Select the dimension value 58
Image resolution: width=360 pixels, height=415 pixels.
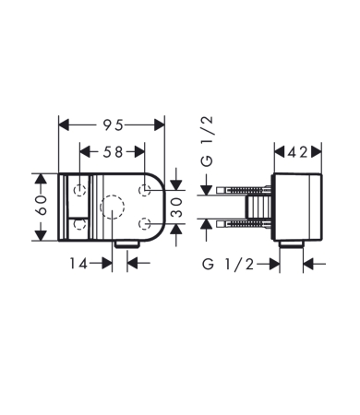tap(111, 149)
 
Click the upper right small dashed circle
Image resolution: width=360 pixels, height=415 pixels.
tap(145, 190)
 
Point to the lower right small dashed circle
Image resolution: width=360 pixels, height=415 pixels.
tap(145, 222)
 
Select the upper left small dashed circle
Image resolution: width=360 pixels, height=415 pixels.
tap(81, 190)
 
